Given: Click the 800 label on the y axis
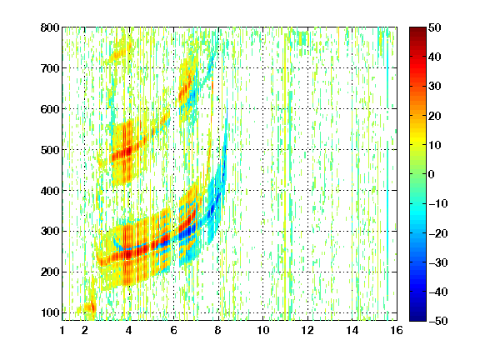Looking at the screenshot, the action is tap(50, 27).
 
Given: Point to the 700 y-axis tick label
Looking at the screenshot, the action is tap(50, 68).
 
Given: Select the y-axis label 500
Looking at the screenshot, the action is tap(50, 150).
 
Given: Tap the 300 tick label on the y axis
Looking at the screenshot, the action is tap(50, 232).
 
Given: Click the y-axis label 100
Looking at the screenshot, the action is tap(50, 312).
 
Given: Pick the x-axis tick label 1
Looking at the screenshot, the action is tap(62, 330).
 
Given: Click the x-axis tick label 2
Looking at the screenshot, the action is tap(85, 330).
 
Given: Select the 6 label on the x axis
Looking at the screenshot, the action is tap(174, 330).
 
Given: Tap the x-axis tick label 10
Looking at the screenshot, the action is tap(263, 330).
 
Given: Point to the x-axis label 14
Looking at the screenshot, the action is tap(352, 330).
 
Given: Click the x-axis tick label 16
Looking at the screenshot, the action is tap(397, 330).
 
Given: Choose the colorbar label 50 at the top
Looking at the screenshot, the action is tap(435, 27).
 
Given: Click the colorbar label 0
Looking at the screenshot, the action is tap(432, 174).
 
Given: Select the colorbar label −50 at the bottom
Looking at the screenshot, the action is tap(438, 321).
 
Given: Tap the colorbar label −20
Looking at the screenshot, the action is tap(438, 233).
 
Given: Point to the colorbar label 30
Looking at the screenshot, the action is tap(435, 87).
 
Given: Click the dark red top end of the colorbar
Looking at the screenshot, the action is tap(417, 28).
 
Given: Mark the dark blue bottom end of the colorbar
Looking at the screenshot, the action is tap(417, 319).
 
